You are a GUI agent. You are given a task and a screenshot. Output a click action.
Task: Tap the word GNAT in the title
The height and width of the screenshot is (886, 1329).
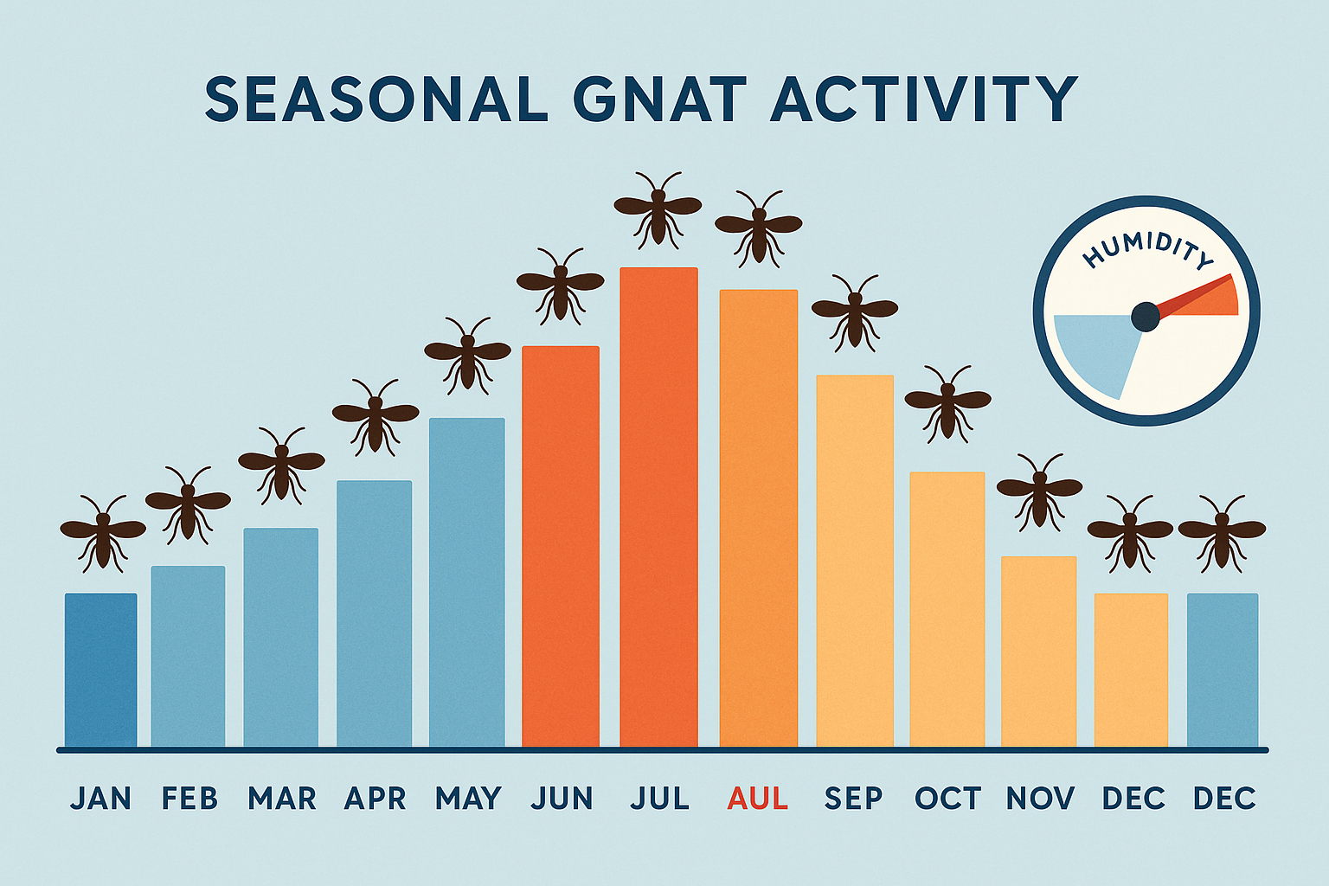tap(658, 99)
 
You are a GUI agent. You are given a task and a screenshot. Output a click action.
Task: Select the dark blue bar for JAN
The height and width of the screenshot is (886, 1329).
tap(100, 670)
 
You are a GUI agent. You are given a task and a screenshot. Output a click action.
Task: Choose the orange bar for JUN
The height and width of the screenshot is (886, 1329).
tap(561, 546)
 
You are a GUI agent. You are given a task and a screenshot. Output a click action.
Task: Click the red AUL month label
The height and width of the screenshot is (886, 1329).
tap(758, 798)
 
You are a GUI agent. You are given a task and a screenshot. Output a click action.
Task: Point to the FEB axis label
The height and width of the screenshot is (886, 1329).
tap(189, 798)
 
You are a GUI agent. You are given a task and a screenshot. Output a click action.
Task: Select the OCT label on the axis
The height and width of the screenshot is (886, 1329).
tap(947, 798)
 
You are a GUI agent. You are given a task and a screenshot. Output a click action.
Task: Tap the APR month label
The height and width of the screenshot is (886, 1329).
tap(375, 798)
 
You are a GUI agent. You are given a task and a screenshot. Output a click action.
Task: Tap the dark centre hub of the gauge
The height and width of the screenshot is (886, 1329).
tap(1146, 317)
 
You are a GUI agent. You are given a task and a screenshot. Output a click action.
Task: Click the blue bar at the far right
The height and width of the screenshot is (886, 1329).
tap(1222, 670)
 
